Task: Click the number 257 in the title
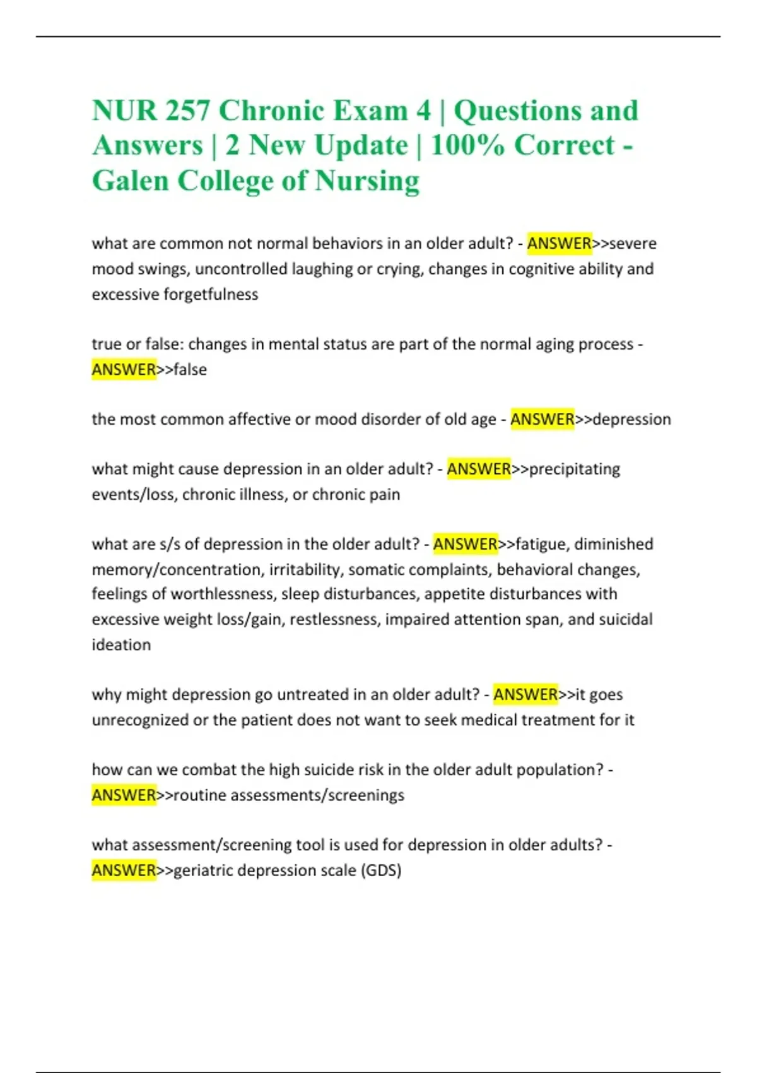coord(187,111)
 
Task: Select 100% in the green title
coord(467,146)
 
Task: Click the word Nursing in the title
coord(367,181)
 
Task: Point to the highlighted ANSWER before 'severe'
coord(559,244)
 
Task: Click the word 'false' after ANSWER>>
coord(190,369)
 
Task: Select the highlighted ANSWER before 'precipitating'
coord(479,469)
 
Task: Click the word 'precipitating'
coord(575,469)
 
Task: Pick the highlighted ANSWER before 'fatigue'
coord(465,544)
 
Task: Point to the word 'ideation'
coord(121,645)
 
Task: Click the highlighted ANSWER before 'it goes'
coord(525,694)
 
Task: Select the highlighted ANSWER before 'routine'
coord(124,795)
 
